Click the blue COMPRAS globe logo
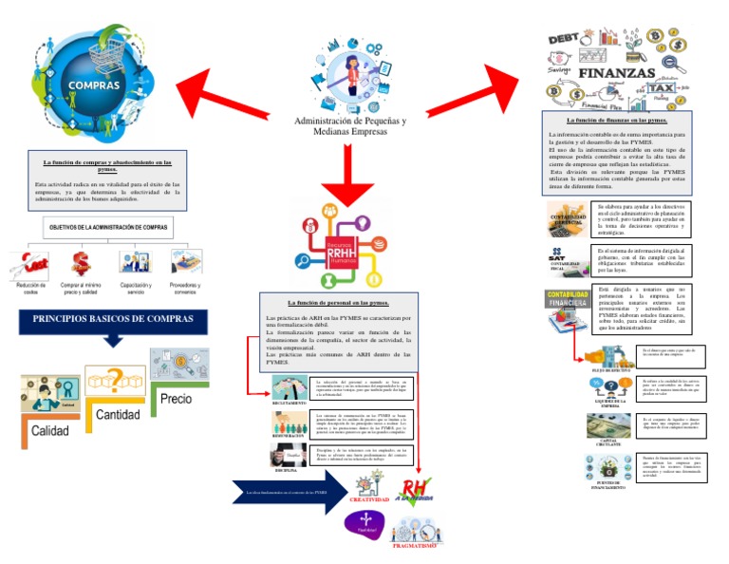(x=92, y=85)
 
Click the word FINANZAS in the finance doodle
(x=617, y=73)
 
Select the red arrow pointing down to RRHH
(x=347, y=176)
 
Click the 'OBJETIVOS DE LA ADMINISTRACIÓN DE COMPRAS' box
(x=107, y=228)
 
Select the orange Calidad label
(x=49, y=430)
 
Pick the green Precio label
(x=182, y=399)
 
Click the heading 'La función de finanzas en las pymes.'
(x=616, y=121)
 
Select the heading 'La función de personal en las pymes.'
(x=339, y=302)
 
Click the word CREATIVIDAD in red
(x=370, y=499)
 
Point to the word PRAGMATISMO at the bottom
(x=414, y=546)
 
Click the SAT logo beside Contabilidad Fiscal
(x=560, y=254)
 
